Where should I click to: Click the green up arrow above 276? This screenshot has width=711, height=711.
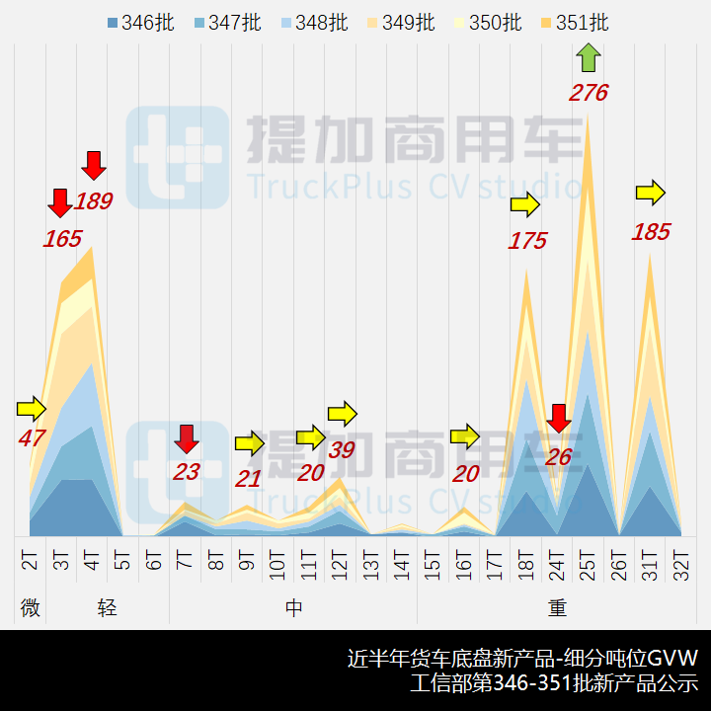[588, 57]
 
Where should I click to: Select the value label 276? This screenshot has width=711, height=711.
[588, 94]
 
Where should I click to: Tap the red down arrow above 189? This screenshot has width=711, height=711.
[94, 165]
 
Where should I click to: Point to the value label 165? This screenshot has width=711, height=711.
[62, 238]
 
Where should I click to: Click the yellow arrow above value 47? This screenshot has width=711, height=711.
[32, 408]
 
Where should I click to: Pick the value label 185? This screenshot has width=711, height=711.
[651, 233]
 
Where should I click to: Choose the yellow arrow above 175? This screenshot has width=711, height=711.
[525, 205]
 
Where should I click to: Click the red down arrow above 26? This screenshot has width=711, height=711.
[559, 419]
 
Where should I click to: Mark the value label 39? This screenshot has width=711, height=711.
[342, 450]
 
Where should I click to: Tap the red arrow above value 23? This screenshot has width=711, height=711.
[187, 438]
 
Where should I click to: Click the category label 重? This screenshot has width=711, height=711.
[558, 608]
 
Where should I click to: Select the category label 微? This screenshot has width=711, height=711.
[31, 608]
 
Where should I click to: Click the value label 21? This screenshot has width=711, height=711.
[248, 480]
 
